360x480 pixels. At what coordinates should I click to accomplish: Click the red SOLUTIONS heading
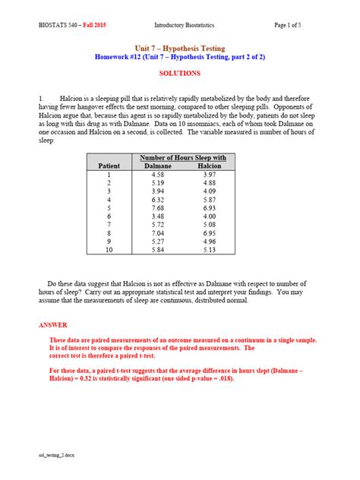[x=180, y=74]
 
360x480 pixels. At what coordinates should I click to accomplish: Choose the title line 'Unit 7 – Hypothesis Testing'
[x=179, y=47]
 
